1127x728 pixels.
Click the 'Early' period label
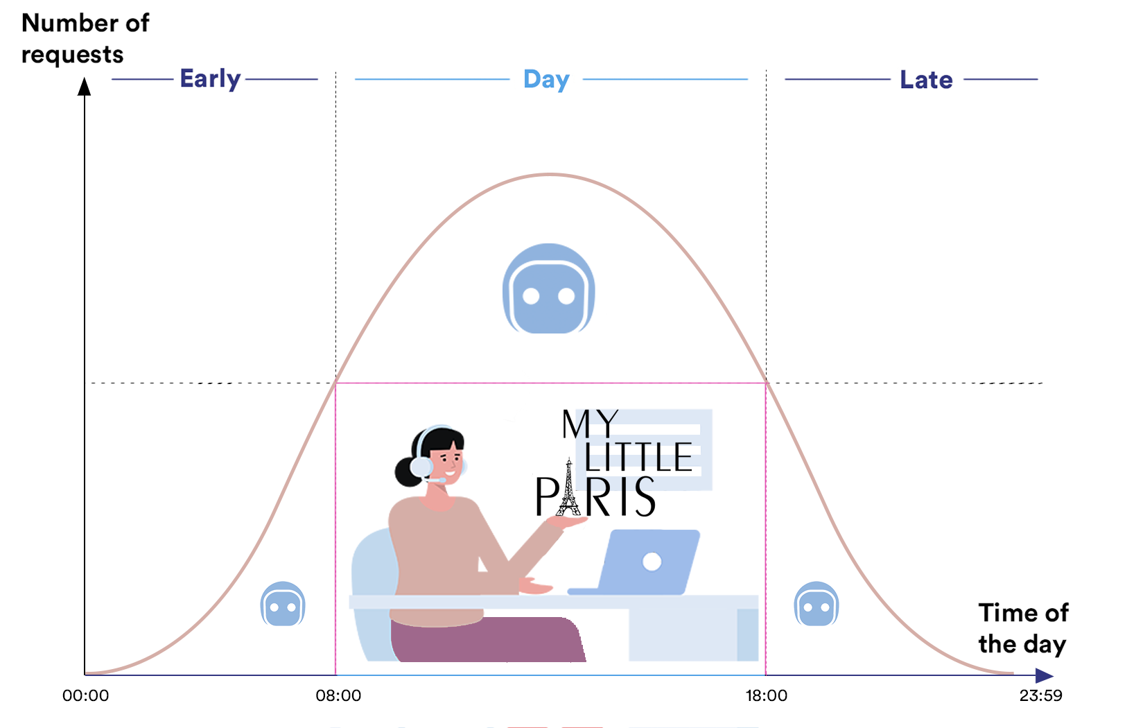210,79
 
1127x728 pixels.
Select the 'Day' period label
546,80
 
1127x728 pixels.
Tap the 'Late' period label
926,80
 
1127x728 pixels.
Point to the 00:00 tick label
85,695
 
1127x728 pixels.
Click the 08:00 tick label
338,695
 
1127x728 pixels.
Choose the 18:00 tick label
767,695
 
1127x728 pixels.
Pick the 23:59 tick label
1040,695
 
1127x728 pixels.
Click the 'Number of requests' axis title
85,38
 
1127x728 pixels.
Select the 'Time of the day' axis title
1023,628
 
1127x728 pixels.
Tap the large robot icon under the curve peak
548,288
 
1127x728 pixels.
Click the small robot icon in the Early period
283,604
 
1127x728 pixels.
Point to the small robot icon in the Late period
816,604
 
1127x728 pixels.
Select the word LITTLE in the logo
638,457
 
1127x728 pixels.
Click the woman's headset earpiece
421,467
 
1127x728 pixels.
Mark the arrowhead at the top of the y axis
84,86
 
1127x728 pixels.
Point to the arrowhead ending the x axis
1045,675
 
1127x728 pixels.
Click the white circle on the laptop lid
652,562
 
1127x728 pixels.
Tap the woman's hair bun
408,471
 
